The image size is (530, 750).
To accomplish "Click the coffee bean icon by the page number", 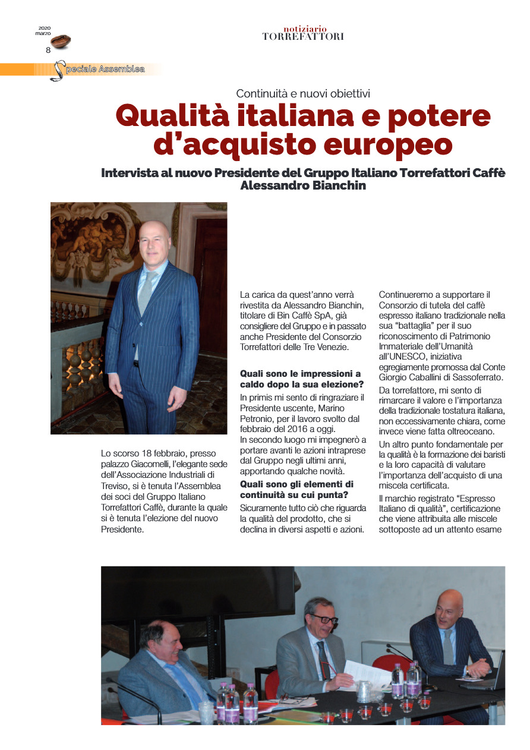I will (x=61, y=41).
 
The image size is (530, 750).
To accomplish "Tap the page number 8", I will (x=48, y=50).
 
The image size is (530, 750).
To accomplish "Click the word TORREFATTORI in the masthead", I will (x=303, y=37).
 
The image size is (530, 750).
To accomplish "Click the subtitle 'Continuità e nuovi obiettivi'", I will (x=303, y=93).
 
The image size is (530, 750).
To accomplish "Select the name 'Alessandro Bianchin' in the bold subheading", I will (x=303, y=185).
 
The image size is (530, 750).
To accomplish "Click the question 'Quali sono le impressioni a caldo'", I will (x=300, y=379).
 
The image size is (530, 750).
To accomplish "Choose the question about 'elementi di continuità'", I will (x=296, y=490).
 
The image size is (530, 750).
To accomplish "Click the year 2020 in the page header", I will (x=45, y=28).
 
